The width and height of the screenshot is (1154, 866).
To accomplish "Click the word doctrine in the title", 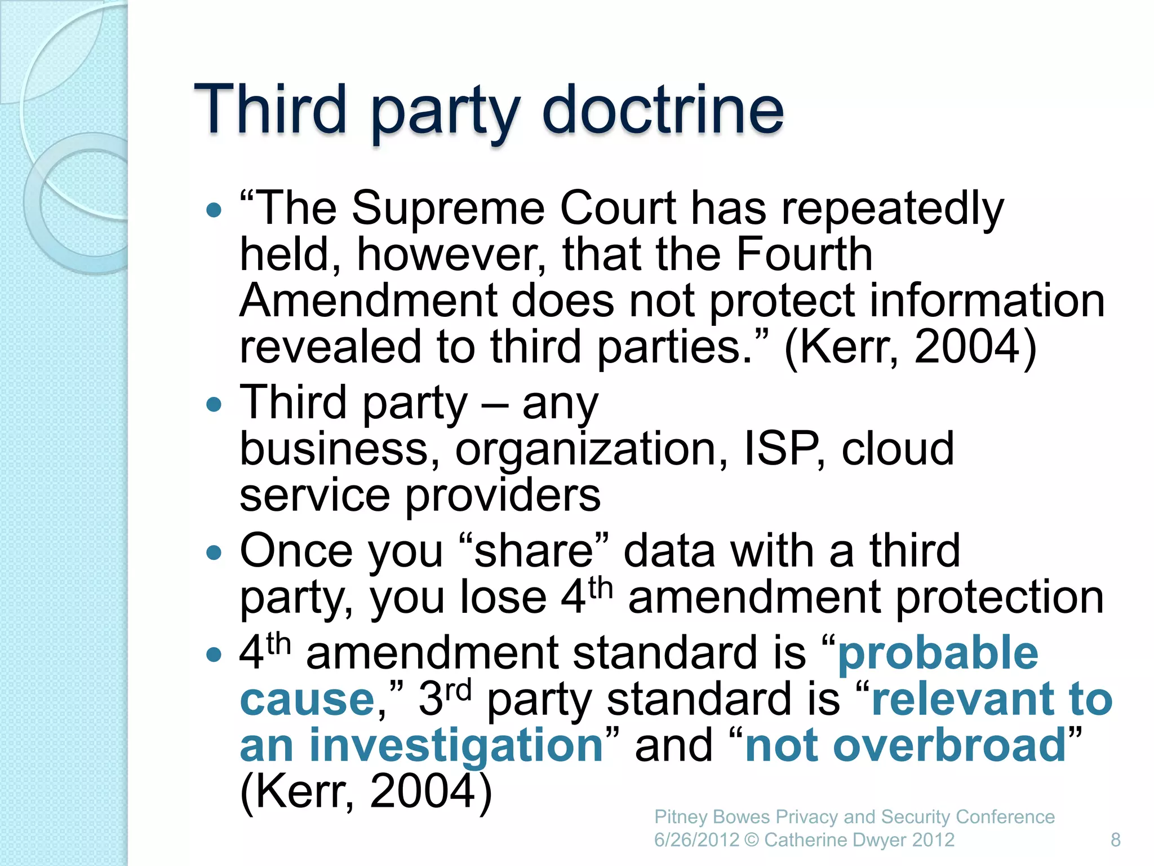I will click(663, 109).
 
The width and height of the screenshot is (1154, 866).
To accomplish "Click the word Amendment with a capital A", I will click(368, 301).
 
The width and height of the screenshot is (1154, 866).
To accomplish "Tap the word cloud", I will click(898, 449).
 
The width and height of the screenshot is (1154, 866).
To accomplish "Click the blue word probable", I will click(938, 653).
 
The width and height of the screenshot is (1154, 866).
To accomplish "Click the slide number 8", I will click(1115, 840).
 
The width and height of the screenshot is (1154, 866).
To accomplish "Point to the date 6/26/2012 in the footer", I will click(696, 840).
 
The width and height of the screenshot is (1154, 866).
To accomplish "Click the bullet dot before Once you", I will click(214, 552).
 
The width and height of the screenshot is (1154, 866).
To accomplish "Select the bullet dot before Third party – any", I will click(214, 404).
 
